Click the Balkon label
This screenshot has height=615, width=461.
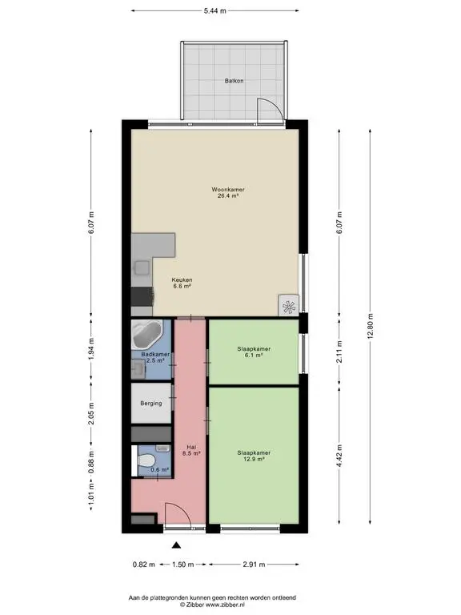234,81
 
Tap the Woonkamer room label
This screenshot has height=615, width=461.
228,192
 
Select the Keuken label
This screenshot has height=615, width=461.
182,283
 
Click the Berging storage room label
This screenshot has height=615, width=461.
151,404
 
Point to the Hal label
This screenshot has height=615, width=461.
191,450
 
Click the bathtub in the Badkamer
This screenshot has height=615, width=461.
146,335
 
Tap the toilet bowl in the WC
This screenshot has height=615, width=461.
147,460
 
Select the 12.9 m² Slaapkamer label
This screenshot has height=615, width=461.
254,456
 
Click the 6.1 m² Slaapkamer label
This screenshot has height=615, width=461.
254,352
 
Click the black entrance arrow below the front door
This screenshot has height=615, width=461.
177,545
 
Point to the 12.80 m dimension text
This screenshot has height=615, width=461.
371,327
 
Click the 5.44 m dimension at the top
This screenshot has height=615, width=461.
214,10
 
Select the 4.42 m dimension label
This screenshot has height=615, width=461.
339,456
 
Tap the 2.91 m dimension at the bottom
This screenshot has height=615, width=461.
254,565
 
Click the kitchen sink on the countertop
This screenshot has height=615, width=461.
142,268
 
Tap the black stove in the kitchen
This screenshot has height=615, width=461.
142,296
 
